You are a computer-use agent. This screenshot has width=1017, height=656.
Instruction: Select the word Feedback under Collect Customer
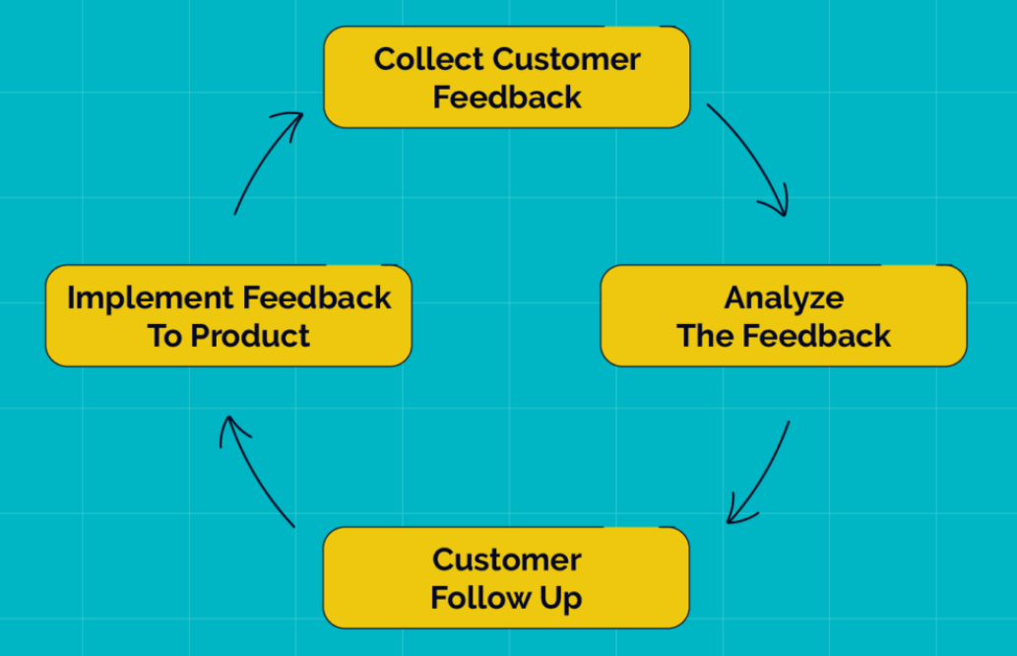point(507,98)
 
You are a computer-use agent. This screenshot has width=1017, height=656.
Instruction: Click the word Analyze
point(784,297)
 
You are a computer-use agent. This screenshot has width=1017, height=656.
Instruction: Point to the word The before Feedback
point(705,336)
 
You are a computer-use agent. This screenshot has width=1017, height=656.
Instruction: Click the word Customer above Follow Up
point(507,559)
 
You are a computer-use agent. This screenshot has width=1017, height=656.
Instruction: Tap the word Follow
point(478,598)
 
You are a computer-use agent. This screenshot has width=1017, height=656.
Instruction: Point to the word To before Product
point(165,336)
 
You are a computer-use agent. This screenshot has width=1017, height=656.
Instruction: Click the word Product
point(250,336)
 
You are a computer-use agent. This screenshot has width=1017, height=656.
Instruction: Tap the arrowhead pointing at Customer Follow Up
point(734,515)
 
